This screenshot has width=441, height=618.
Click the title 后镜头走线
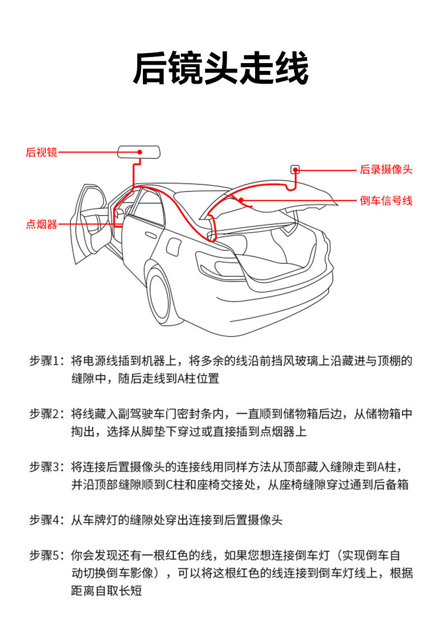tap(220, 69)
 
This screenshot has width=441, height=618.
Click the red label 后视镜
tap(41, 152)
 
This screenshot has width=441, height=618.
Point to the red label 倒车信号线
tap(386, 200)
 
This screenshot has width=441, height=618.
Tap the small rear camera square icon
tap(295, 169)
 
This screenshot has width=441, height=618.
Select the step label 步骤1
tap(47, 361)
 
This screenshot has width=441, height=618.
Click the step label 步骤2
tap(47, 414)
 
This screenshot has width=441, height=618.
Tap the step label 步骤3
tap(47, 467)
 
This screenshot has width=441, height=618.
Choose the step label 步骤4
tap(47, 520)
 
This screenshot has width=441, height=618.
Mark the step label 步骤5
tap(47, 555)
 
